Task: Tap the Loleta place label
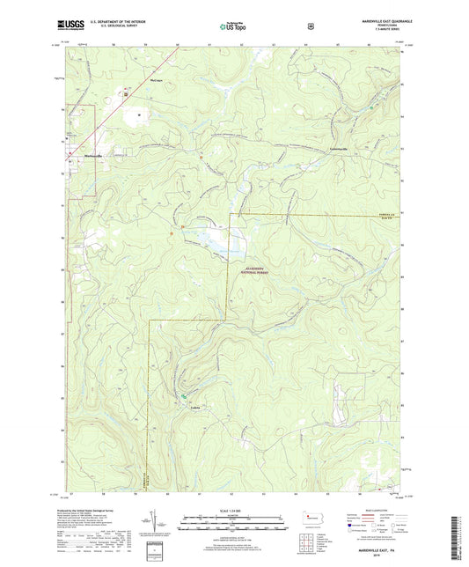pos(195,407)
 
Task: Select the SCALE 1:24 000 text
pos(234,512)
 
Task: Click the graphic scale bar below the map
pos(234,525)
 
